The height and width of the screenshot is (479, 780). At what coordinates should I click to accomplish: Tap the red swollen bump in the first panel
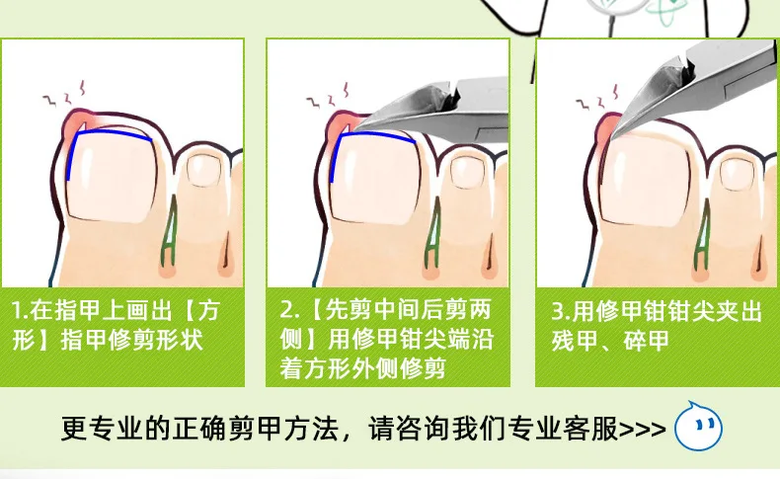[x=73, y=122]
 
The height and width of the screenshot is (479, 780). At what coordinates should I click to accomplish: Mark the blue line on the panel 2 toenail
[x=375, y=138]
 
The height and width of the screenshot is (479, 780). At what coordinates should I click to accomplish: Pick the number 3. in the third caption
[x=558, y=311]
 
